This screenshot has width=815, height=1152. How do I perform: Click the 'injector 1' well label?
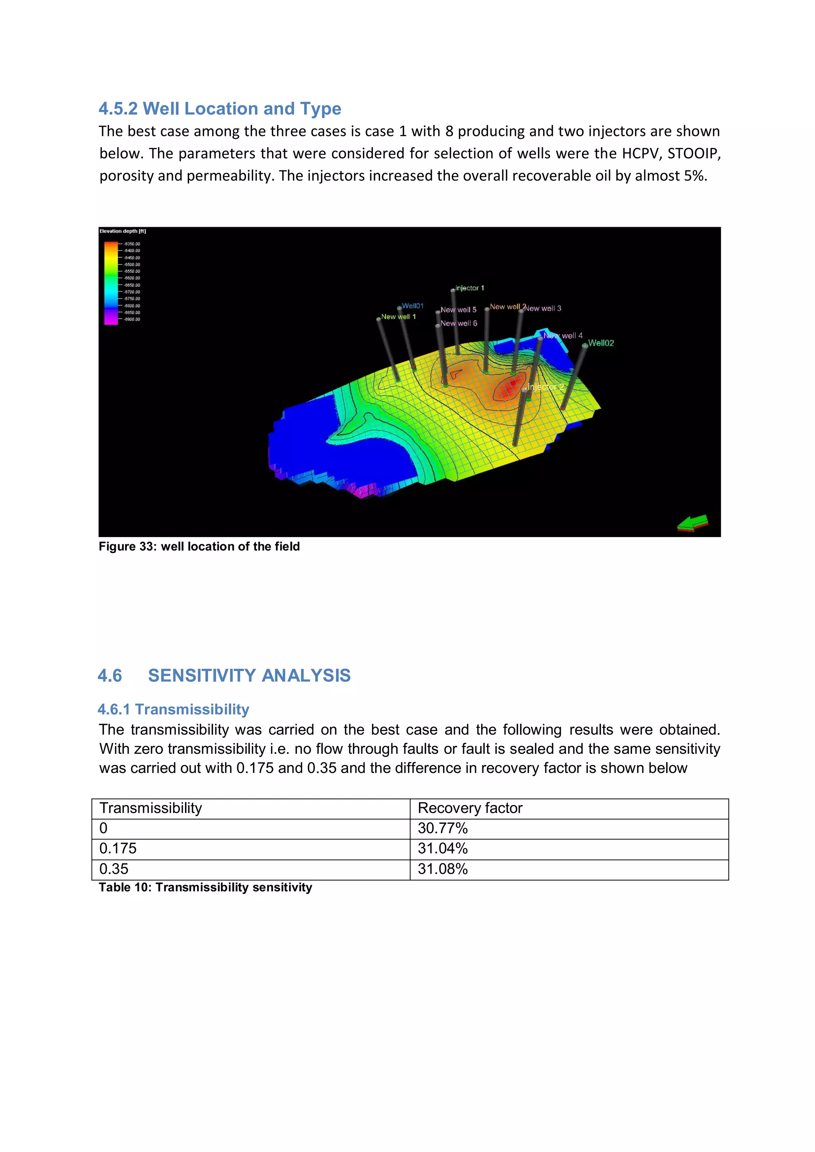(469, 288)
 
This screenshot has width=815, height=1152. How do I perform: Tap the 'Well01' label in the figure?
(413, 306)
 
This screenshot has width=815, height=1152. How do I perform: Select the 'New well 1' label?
(398, 317)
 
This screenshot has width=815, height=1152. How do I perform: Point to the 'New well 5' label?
(458, 309)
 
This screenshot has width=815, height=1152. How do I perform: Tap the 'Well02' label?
(601, 343)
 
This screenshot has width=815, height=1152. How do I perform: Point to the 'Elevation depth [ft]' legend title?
(123, 231)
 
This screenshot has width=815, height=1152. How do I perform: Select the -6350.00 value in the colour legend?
(133, 244)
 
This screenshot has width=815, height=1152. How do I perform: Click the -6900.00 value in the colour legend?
(133, 319)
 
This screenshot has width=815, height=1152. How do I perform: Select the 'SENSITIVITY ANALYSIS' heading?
(249, 675)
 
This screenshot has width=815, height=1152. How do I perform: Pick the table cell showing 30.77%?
(442, 828)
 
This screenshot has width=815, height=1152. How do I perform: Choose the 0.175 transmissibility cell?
(118, 848)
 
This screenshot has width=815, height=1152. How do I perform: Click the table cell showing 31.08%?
(442, 869)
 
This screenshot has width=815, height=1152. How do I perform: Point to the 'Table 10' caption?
(205, 887)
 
